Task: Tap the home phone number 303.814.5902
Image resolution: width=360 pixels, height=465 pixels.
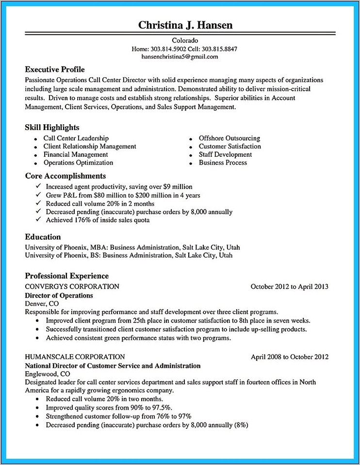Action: point(167,49)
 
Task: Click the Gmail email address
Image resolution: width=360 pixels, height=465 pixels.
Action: point(180,56)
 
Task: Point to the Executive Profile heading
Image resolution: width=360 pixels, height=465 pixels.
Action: point(55,69)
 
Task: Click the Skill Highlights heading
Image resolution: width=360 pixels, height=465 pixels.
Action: point(52,127)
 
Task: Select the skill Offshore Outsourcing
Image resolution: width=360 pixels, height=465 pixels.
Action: point(229,138)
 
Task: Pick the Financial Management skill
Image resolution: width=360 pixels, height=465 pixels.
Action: point(76,154)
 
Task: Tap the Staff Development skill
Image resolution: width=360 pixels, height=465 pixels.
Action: point(225,154)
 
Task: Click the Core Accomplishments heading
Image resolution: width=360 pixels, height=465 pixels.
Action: point(65,176)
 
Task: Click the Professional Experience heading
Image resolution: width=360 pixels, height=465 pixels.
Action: point(66,276)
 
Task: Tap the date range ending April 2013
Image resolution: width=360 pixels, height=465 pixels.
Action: point(289,286)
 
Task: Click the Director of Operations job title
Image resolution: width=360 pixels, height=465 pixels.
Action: point(59,295)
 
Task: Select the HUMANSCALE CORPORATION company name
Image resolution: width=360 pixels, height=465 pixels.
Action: point(75,357)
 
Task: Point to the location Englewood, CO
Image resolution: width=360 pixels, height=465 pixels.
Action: point(47,374)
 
